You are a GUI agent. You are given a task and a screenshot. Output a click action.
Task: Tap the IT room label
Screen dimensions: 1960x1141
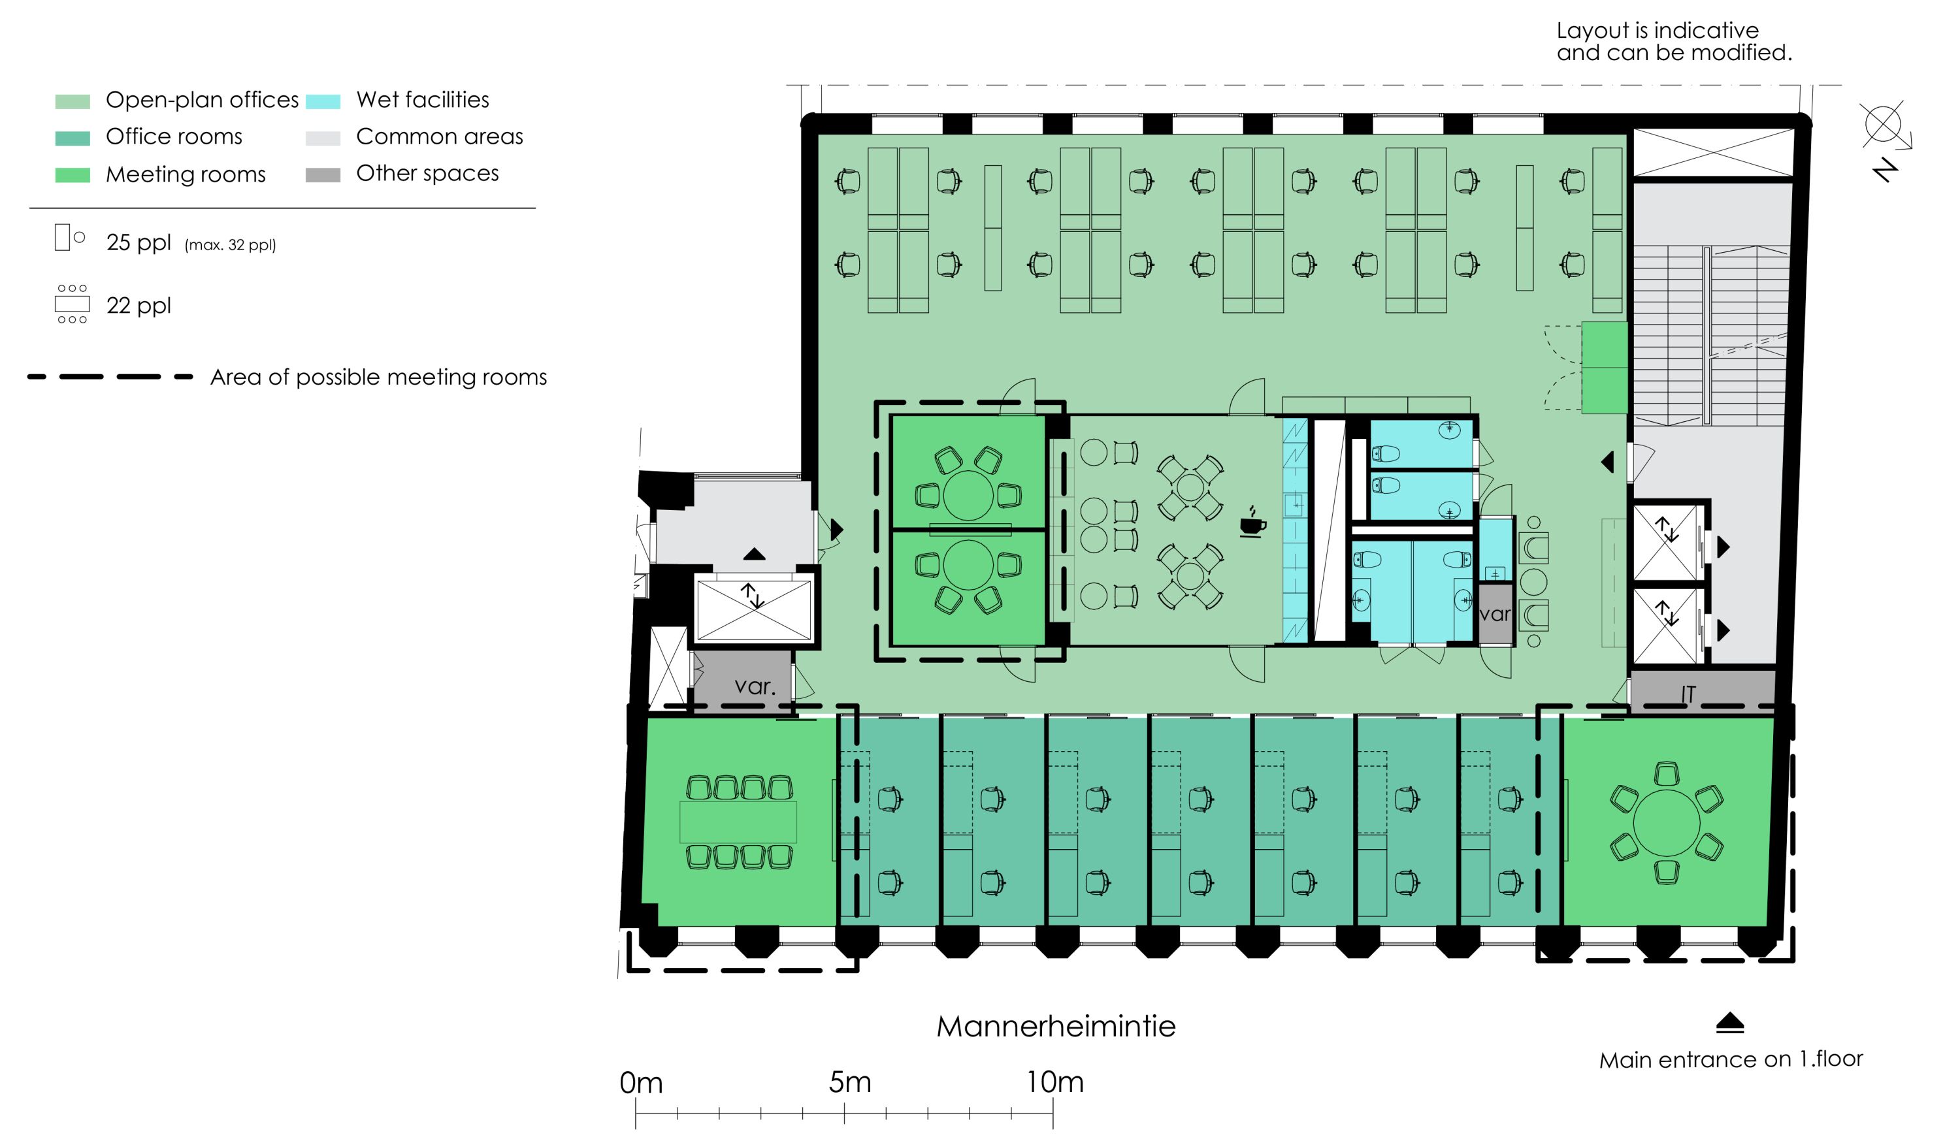coord(1687,694)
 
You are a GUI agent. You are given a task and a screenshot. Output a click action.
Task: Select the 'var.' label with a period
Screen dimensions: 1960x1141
coord(755,686)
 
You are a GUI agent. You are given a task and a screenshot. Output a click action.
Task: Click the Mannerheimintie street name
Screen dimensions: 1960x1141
coord(1055,1026)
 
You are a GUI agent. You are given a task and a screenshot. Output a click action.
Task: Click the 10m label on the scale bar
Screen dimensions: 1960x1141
coord(1054,1082)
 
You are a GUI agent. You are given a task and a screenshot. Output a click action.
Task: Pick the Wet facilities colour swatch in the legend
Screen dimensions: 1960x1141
coord(323,101)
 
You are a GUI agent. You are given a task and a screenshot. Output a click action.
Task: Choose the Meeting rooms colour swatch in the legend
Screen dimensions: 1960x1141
coord(73,175)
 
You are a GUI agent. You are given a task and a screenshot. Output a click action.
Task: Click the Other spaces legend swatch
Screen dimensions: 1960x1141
coord(323,175)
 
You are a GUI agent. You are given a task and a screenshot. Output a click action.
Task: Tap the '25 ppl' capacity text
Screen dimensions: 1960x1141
coord(139,243)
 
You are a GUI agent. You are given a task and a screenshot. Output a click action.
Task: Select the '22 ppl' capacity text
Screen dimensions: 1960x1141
coord(139,306)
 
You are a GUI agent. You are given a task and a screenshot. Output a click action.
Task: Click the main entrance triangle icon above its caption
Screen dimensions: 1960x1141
coord(1730,1023)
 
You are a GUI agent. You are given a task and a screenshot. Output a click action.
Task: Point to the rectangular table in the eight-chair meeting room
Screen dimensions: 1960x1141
coord(738,822)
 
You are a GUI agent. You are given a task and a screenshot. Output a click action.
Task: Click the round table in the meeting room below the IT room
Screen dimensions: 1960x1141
coord(1666,823)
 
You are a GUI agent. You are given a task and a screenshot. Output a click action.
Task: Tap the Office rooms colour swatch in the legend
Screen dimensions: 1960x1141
coord(73,138)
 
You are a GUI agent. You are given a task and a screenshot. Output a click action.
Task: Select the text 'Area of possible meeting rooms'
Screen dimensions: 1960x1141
coord(379,378)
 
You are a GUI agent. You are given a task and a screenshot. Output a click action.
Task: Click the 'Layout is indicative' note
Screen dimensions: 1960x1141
coord(1658,30)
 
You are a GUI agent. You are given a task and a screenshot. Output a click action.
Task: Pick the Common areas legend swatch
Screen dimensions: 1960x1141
coord(323,138)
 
